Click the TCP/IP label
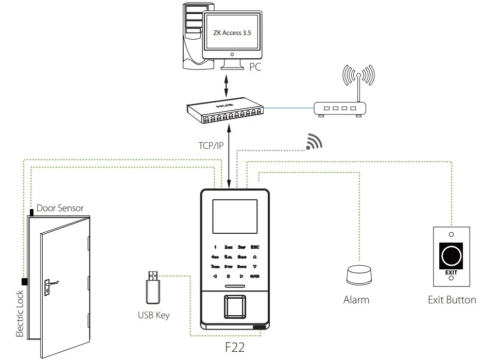(x=211, y=146)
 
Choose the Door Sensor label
(x=59, y=208)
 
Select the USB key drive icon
(x=153, y=286)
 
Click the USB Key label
(x=153, y=315)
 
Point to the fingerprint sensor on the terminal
(x=235, y=308)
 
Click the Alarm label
(x=356, y=299)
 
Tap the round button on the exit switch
(x=451, y=253)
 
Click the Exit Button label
(x=452, y=299)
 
